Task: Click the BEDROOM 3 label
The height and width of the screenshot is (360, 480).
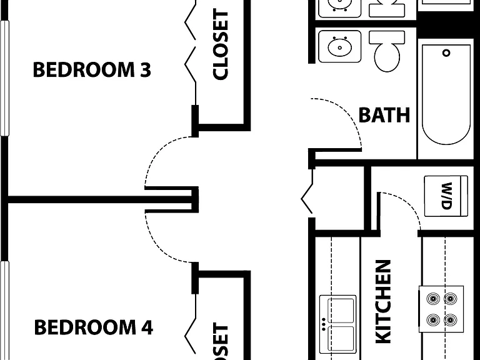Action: point(92,69)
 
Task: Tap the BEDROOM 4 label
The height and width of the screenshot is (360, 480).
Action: point(93,327)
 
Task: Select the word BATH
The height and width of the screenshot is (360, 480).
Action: point(384,115)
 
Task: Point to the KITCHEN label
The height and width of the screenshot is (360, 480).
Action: point(383,302)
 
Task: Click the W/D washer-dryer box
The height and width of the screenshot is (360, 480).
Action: point(446,196)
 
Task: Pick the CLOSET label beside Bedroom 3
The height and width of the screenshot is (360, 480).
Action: point(220,45)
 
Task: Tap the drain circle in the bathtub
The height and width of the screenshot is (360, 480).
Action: point(446,53)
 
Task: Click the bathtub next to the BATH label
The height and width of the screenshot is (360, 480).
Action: point(446,94)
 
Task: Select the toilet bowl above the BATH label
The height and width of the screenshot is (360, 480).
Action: point(387,57)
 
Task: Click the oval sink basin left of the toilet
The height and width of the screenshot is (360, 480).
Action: point(339,47)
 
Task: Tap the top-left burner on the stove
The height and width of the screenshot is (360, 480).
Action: point(433,299)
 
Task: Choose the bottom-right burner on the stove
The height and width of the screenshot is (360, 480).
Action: point(451,320)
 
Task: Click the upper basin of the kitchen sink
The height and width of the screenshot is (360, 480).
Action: point(341,310)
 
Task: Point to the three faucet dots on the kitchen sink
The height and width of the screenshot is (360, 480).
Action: point(324,324)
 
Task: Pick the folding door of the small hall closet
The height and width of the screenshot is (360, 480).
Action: point(307,193)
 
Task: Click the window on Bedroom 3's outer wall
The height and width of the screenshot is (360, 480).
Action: point(4,78)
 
